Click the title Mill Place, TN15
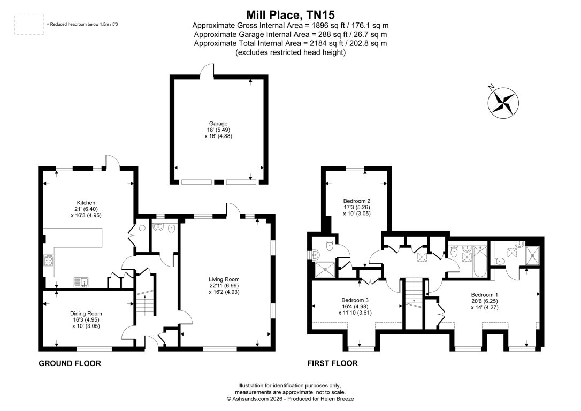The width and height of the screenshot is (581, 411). [x=290, y=14]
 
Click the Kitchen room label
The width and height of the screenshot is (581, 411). [x=86, y=203]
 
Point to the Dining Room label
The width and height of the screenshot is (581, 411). [x=86, y=314]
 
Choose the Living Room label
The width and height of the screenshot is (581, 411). [x=224, y=279]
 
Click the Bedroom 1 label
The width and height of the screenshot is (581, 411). [x=484, y=295]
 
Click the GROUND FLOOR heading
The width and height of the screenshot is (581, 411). [x=70, y=363]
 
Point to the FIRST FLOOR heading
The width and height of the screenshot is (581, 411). [x=332, y=363]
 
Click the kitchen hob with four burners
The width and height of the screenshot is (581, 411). [x=48, y=260]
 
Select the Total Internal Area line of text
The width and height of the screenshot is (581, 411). [x=290, y=43]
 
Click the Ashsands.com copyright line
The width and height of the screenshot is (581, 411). [x=290, y=399]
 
